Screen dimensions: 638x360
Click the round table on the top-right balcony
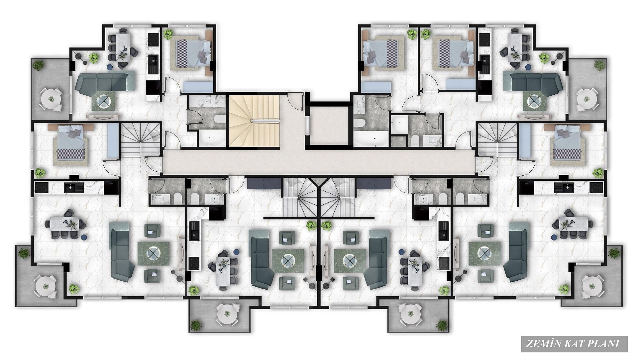click(x=587, y=99)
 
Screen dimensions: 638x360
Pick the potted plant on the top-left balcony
click(x=39, y=65)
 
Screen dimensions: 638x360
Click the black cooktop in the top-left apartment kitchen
click(x=154, y=40)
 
